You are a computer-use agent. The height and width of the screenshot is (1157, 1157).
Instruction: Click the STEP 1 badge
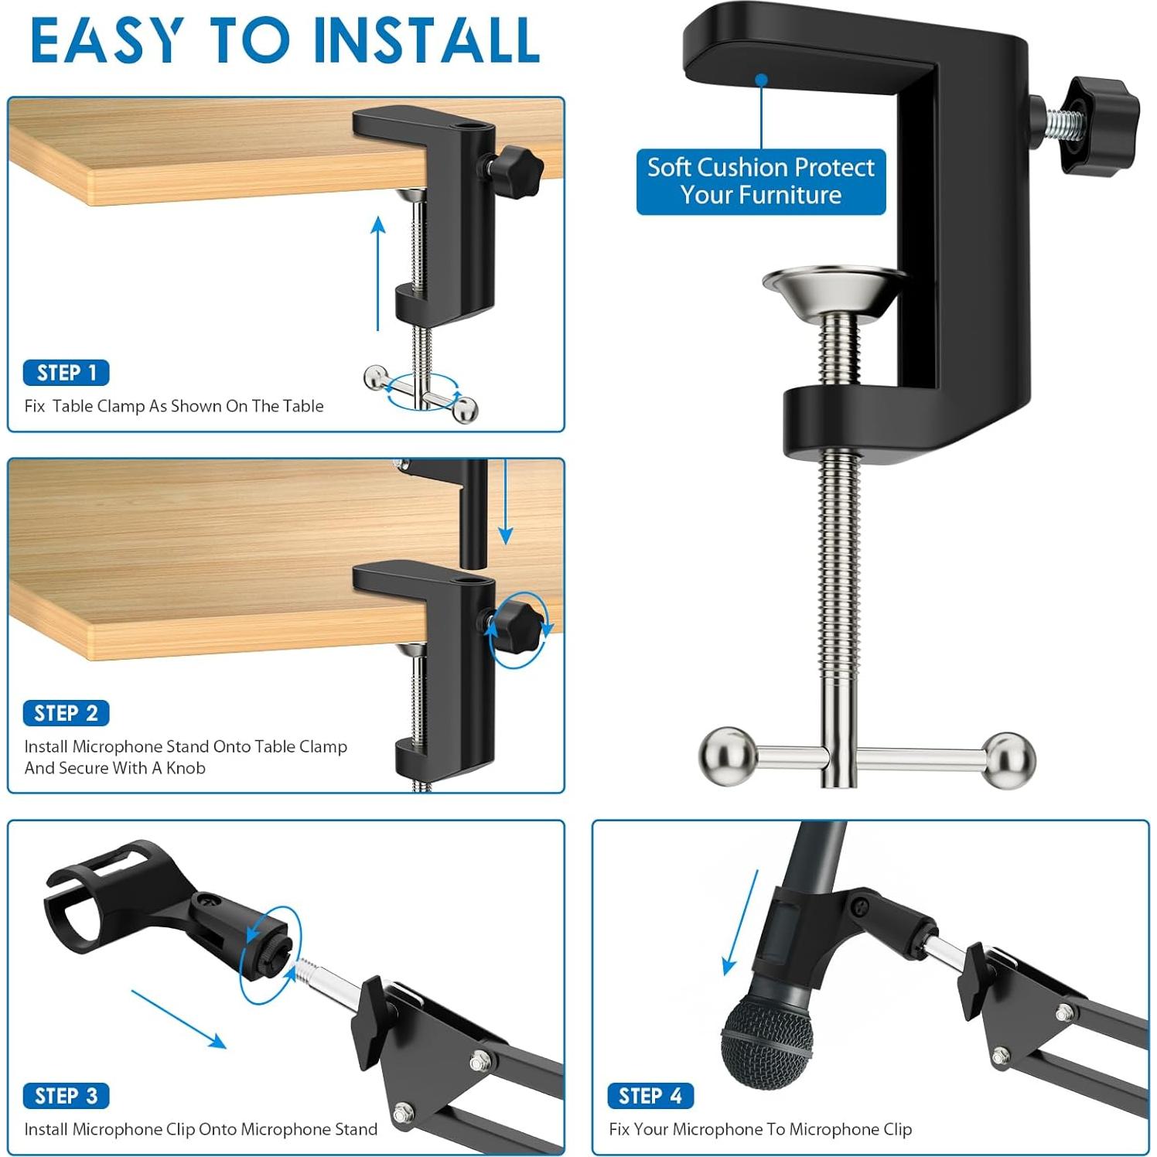tap(67, 373)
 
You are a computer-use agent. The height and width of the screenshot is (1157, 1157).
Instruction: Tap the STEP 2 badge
tap(67, 713)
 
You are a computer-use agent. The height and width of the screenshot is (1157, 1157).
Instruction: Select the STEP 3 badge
tap(67, 1096)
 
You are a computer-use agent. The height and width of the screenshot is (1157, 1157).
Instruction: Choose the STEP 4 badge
tap(650, 1096)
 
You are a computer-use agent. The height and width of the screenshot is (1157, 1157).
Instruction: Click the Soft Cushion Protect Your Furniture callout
tap(761, 182)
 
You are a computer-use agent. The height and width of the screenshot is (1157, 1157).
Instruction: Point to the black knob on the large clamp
tap(1100, 126)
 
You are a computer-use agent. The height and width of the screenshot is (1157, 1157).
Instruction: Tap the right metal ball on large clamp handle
tap(1009, 759)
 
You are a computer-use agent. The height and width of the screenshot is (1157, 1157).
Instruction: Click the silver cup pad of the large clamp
tap(835, 289)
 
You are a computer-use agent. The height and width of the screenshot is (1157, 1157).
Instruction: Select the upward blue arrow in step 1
tap(378, 274)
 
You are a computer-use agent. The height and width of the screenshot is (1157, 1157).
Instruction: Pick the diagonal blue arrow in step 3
tap(179, 1019)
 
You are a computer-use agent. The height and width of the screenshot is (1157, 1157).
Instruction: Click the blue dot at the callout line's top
tap(762, 80)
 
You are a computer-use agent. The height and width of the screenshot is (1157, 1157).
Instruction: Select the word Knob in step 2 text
tap(186, 768)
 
